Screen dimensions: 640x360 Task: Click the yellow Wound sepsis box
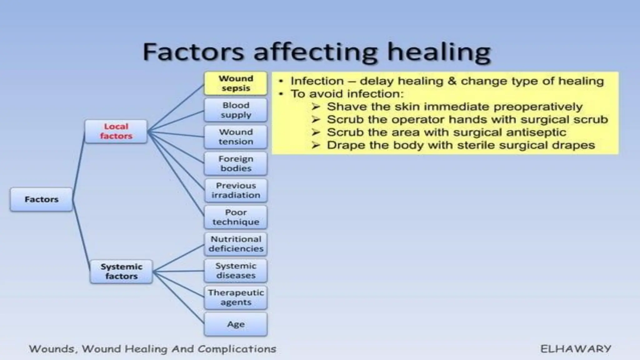coord(236,83)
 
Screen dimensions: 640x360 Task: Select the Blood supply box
coord(236,110)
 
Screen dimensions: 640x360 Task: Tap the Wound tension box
coord(236,137)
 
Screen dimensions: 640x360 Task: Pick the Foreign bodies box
coord(236,163)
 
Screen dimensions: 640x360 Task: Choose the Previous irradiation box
coord(236,190)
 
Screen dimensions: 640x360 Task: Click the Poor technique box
coord(236,217)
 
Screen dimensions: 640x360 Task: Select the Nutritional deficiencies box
coord(236,244)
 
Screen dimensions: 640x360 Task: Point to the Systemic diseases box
coord(236,271)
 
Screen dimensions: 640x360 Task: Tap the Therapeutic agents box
coord(236,297)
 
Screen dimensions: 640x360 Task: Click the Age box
coord(236,324)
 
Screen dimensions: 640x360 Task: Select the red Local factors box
coord(116,131)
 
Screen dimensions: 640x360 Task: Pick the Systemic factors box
coord(121,272)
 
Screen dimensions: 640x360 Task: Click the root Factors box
coord(42,199)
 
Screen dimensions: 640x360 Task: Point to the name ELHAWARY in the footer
coord(576,349)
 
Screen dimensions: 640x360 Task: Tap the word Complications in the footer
coord(237,349)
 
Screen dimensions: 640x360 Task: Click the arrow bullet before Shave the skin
coord(316,107)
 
